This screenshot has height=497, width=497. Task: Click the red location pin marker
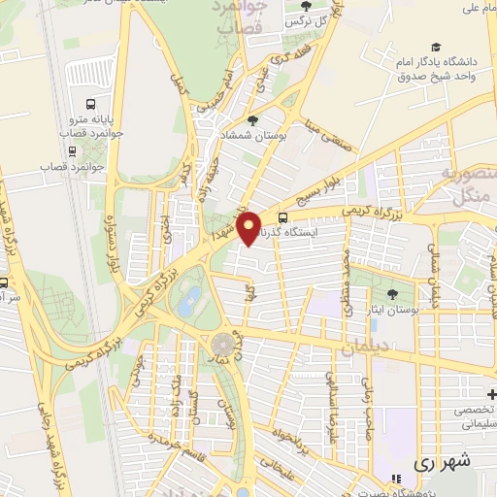(x=249, y=227)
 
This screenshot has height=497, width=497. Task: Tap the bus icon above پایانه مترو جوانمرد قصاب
(x=90, y=103)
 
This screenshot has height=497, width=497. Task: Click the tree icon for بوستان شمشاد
(x=253, y=120)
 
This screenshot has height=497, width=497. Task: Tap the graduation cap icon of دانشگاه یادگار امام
(x=436, y=47)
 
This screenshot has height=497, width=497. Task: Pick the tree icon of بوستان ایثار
(x=392, y=293)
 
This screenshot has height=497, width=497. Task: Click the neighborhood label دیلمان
(x=368, y=347)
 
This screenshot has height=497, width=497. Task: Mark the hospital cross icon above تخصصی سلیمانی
(x=491, y=394)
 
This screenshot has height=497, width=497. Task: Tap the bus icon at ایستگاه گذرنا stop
(x=282, y=218)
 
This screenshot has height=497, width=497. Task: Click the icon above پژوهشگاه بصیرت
(x=395, y=479)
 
